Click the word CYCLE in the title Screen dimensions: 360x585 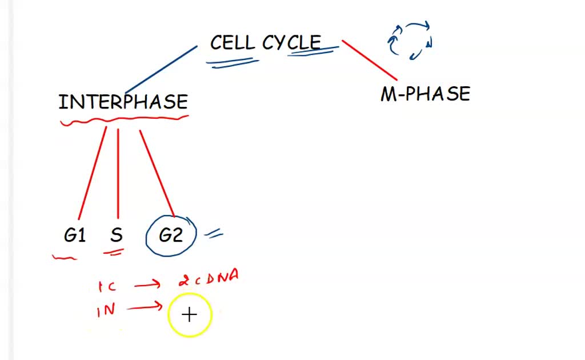click(x=292, y=42)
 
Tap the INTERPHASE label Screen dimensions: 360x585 click(x=123, y=102)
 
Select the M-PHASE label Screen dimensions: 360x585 click(x=425, y=94)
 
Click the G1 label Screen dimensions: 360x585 click(x=75, y=235)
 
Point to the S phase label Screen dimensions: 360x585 click(x=117, y=235)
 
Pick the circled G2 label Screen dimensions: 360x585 click(x=171, y=235)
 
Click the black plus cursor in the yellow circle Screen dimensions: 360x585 click(x=190, y=315)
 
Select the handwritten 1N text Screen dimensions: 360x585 click(x=106, y=310)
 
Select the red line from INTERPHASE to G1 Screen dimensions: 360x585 click(x=91, y=174)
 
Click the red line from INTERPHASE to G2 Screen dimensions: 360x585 click(x=157, y=174)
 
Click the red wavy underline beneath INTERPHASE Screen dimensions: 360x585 click(x=123, y=120)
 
